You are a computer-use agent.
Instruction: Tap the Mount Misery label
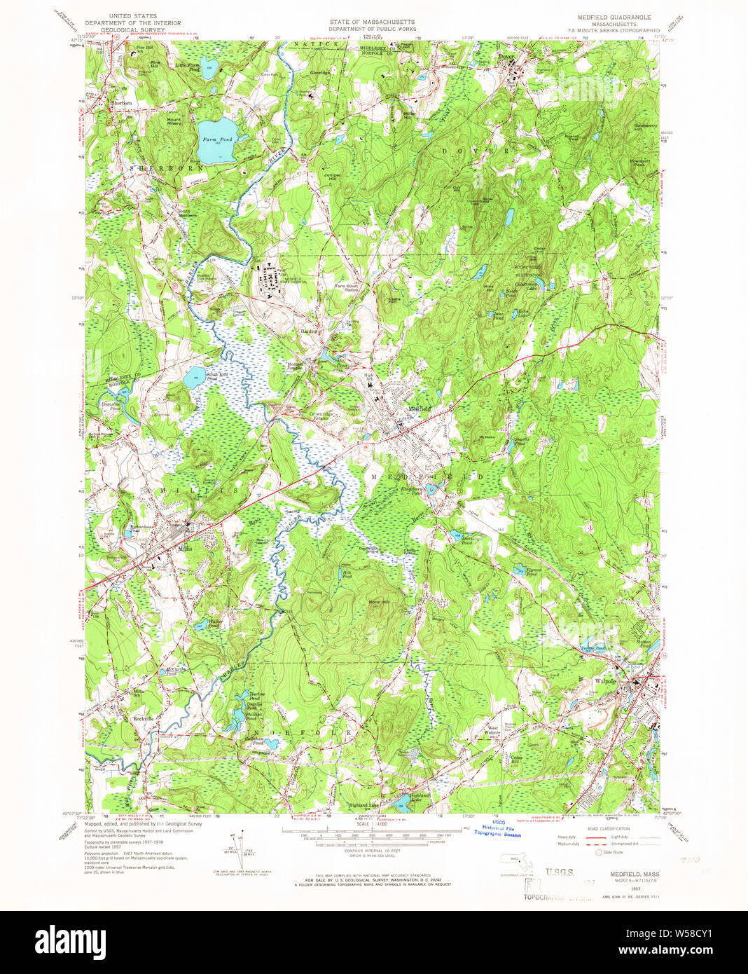pyautogui.click(x=174, y=121)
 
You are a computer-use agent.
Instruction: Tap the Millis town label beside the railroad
pyautogui.click(x=185, y=549)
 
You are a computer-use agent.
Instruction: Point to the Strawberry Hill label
pyautogui.click(x=645, y=127)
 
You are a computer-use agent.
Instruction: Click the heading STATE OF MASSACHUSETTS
pyautogui.click(x=373, y=22)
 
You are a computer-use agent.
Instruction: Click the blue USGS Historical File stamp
pyautogui.click(x=497, y=831)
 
